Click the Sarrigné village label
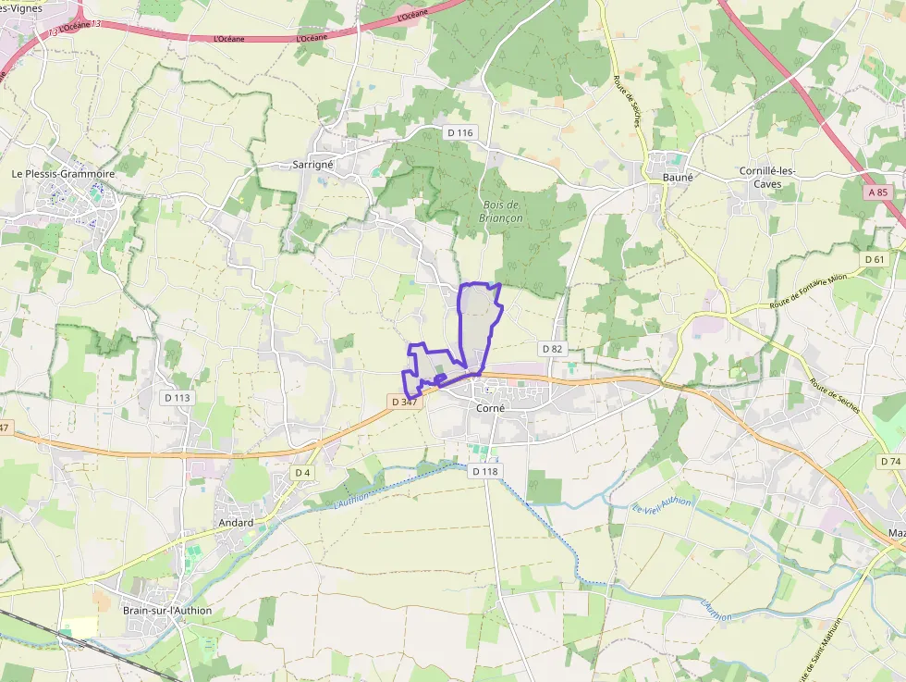(x=312, y=164)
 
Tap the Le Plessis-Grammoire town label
(x=63, y=173)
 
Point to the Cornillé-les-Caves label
(x=767, y=178)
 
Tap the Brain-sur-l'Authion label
(x=167, y=610)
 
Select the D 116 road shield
(x=459, y=133)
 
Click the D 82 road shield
(x=552, y=349)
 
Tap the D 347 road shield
(x=405, y=402)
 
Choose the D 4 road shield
(x=301, y=473)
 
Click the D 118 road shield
(x=484, y=471)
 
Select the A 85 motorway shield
(x=878, y=192)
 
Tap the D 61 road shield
(x=875, y=259)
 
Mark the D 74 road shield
(x=890, y=461)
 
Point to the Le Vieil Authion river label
(x=662, y=505)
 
